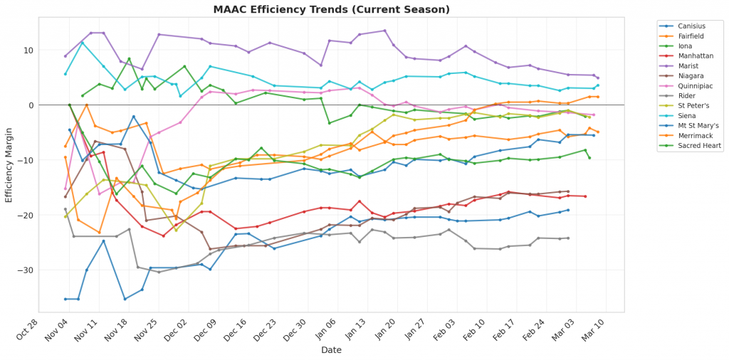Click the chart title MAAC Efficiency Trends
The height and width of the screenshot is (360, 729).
(332, 10)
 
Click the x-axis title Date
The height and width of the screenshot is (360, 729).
(332, 350)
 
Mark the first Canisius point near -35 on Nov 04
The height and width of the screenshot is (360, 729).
(65, 299)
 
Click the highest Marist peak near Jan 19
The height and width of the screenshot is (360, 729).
(384, 31)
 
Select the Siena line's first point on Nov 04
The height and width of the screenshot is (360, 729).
(65, 74)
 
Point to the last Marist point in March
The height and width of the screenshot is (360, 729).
(597, 78)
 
